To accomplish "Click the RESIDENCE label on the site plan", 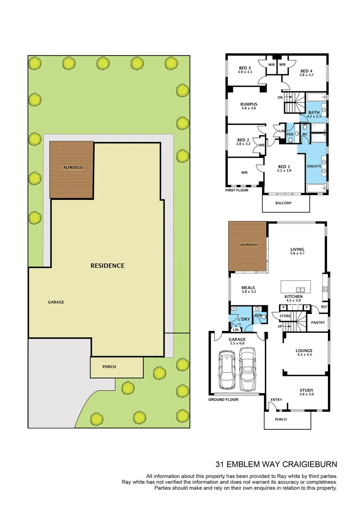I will [x=107, y=266].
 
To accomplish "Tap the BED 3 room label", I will [x=245, y=68].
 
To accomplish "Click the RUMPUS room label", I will [x=248, y=104].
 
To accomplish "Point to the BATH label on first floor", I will [x=314, y=112].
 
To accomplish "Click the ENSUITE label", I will [x=314, y=166].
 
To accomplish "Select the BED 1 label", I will [x=284, y=166].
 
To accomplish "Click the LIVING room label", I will [x=297, y=249].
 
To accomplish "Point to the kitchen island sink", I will [x=300, y=289].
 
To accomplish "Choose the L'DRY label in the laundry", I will [x=244, y=319].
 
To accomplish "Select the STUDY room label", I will [x=307, y=390].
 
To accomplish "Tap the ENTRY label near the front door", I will [x=276, y=400].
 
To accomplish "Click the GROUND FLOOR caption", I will [x=223, y=400].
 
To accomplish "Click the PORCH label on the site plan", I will [x=109, y=367].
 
